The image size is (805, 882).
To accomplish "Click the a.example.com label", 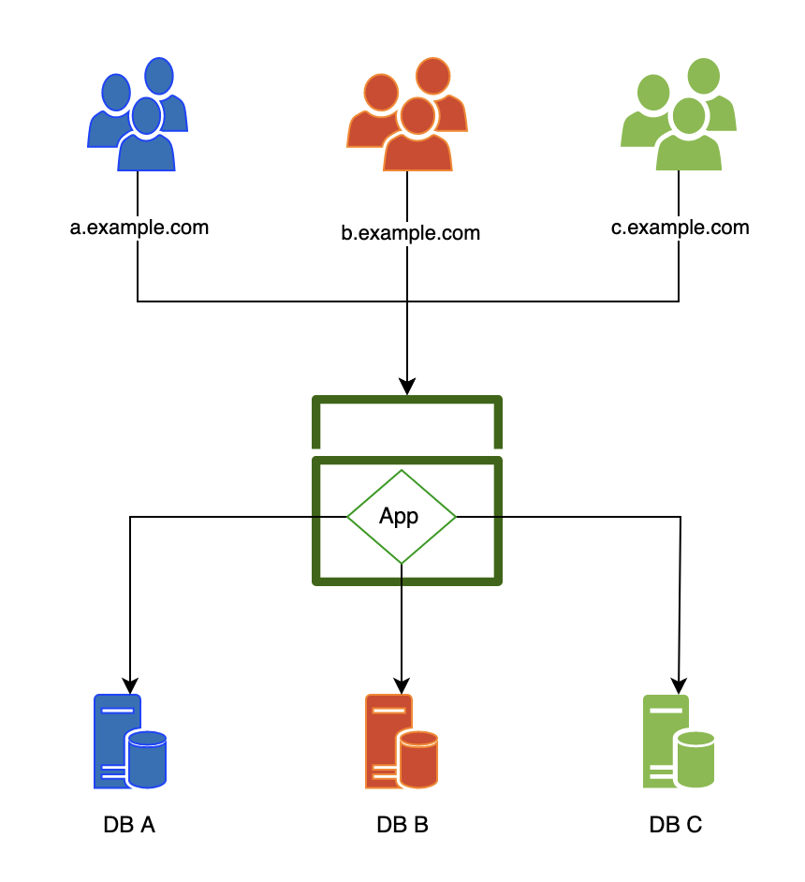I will [139, 228].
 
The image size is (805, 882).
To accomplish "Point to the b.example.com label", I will [410, 233].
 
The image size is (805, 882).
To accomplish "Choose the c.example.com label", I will [681, 228].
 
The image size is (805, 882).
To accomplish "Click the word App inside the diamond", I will [399, 516].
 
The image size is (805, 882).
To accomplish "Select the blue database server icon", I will [130, 742].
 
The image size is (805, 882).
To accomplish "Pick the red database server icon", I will [402, 742].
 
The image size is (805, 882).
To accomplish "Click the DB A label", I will [129, 826].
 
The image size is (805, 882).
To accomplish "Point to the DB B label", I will [402, 826].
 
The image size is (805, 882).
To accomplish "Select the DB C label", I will [675, 826].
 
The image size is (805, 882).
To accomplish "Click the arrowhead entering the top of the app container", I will [407, 386].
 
